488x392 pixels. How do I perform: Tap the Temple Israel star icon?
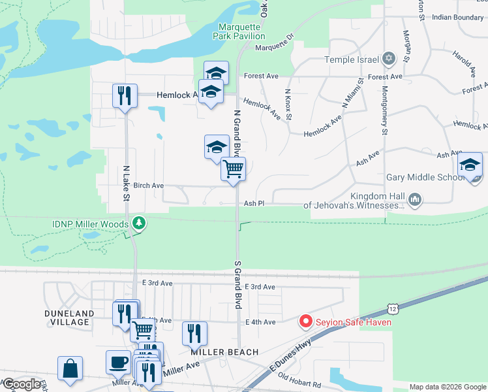point(389,59)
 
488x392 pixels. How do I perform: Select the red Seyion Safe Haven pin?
point(305,321)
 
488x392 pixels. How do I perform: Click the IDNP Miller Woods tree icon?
point(138,223)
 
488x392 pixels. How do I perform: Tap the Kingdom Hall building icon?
point(415,198)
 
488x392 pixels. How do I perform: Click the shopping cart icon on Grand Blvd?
point(233,169)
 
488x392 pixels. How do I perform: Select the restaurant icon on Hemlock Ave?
point(123,95)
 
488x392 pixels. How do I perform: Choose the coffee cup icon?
point(118,361)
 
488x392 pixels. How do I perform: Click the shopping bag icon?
point(70,368)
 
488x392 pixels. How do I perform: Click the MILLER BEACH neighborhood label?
point(221,351)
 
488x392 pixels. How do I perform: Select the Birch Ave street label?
point(148,186)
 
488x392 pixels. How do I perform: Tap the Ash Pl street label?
point(254,204)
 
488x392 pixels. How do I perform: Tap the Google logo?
point(22,384)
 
